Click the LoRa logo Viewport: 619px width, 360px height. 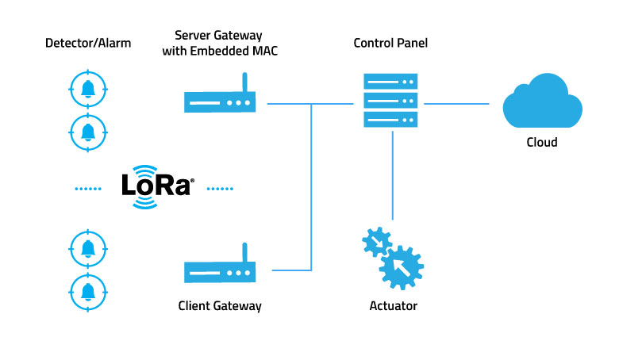tap(157, 187)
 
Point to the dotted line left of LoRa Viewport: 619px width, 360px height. tap(89, 189)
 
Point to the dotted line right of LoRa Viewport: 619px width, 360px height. tap(220, 189)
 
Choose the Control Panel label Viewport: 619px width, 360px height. tap(390, 43)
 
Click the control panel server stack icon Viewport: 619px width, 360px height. tap(390, 100)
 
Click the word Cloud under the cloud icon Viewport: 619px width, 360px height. tap(541, 143)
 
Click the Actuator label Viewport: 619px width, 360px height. tap(393, 305)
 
